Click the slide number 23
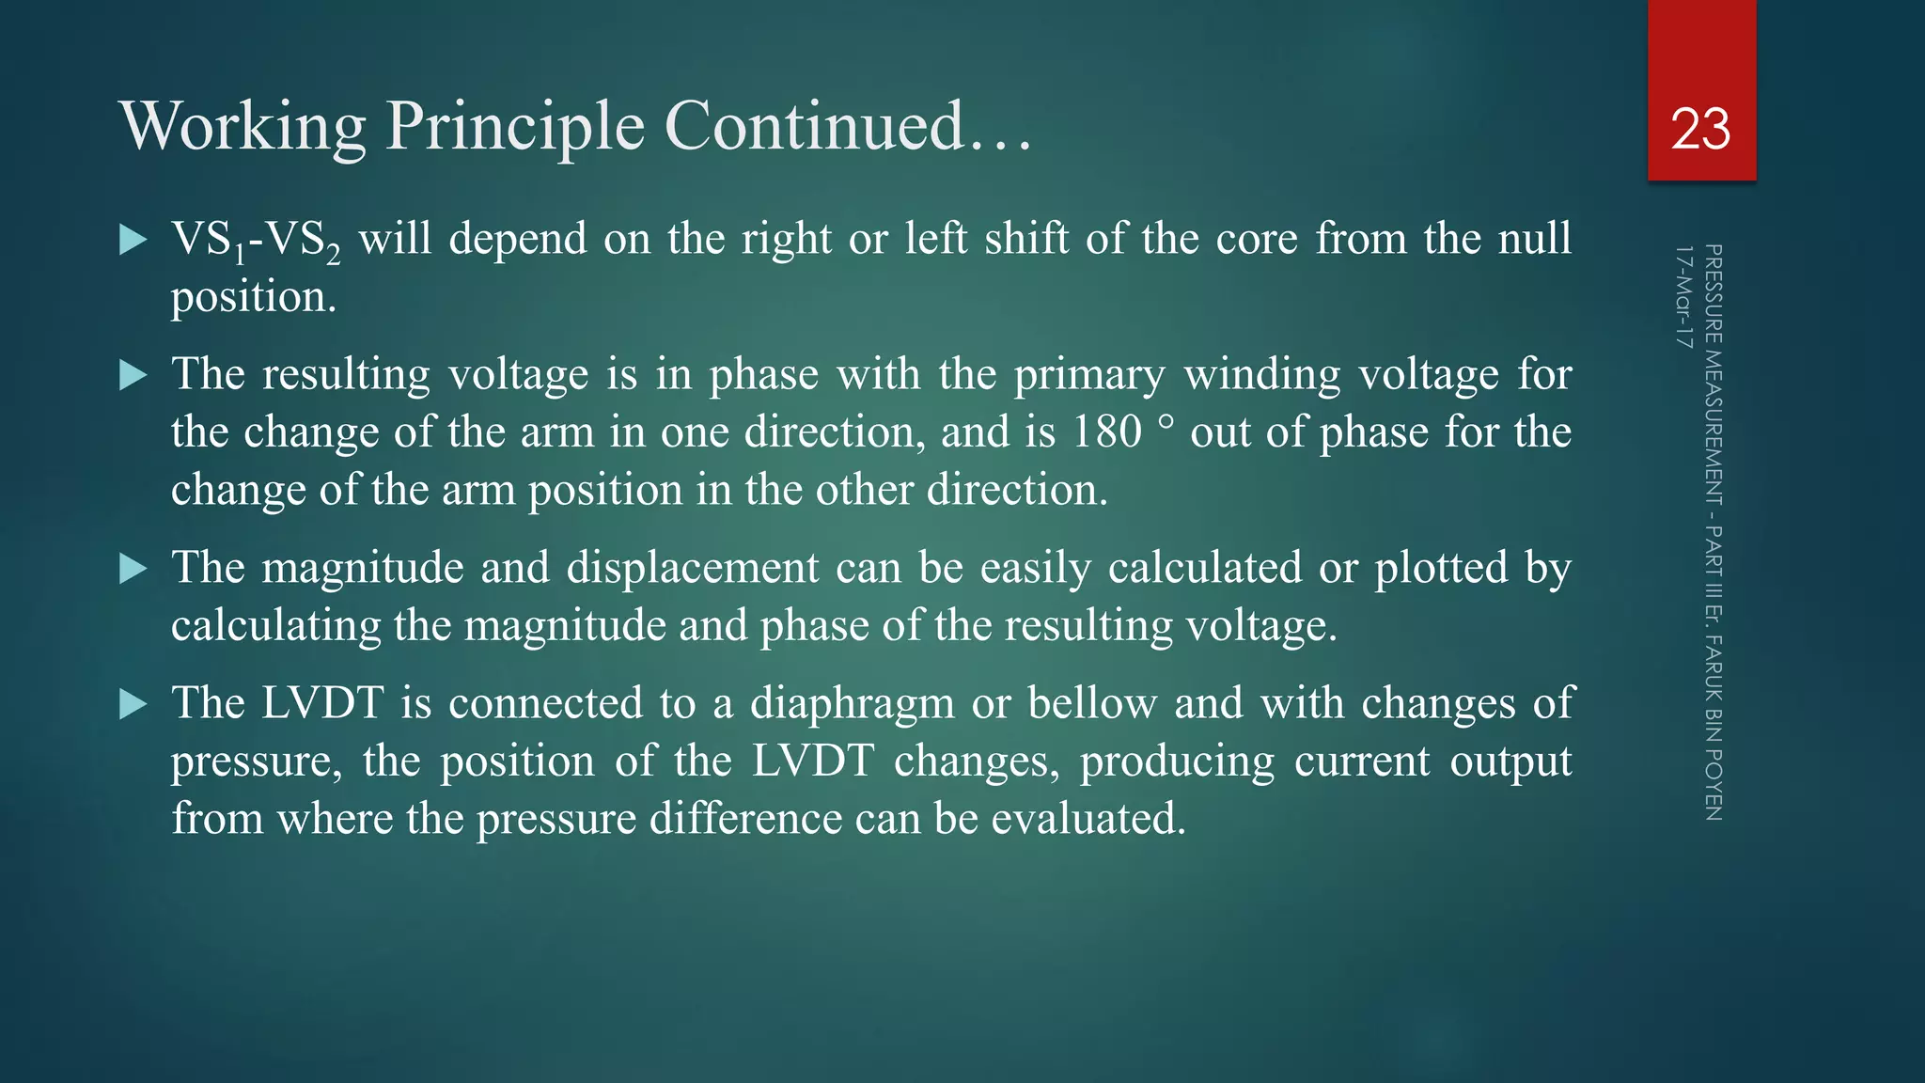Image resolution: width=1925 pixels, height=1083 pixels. point(1700,129)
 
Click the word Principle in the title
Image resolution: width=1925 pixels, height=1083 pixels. point(515,126)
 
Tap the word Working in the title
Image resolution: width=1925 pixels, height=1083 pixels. point(243,126)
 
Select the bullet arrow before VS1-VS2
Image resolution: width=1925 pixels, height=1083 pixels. point(133,240)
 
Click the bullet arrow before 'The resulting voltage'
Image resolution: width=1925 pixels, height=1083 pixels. point(133,376)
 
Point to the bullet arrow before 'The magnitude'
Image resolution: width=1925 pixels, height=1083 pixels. point(133,569)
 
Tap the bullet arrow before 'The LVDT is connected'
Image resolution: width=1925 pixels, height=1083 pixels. point(133,704)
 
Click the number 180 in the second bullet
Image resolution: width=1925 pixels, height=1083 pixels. point(1106,432)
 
